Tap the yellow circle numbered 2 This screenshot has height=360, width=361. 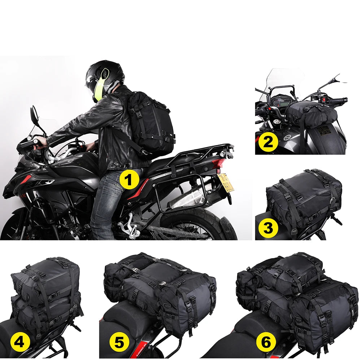[268, 142]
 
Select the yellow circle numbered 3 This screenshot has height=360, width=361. [268, 228]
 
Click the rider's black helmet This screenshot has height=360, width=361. [105, 76]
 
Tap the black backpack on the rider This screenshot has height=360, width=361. [152, 123]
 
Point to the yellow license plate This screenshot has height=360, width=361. [226, 183]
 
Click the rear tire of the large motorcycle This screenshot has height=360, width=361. [202, 224]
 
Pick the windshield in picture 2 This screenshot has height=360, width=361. [282, 78]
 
